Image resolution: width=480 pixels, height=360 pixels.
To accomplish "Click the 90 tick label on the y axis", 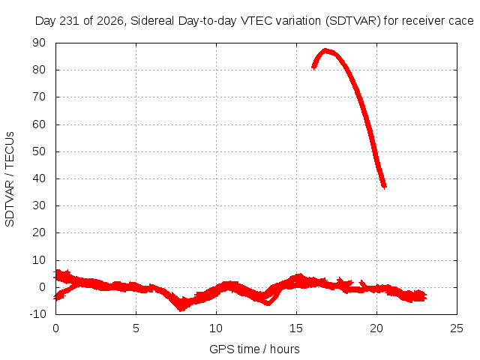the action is (x=39, y=43).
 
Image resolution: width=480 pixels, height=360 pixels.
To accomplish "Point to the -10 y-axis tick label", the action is (x=37, y=314).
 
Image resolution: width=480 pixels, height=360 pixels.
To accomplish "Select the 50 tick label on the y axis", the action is (x=39, y=151).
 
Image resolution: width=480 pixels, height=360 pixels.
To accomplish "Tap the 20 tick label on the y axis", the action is (x=39, y=232).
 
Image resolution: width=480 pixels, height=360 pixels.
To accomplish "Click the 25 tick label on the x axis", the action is (x=457, y=328).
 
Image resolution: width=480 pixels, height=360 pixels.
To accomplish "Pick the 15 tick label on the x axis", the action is (x=296, y=328).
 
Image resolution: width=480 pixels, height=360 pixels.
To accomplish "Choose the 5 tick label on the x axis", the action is (x=136, y=328).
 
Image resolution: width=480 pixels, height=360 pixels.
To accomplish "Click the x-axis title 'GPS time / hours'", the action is (x=254, y=349).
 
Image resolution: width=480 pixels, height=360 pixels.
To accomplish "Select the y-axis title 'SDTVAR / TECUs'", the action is (x=10, y=179).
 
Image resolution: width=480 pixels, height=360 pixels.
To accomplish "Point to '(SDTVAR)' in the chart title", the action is (x=353, y=21).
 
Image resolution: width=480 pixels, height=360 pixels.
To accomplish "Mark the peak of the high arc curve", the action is (x=325, y=50).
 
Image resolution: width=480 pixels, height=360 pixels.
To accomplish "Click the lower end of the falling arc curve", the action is (x=385, y=187).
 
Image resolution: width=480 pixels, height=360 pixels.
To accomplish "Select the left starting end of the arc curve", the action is (x=313, y=67).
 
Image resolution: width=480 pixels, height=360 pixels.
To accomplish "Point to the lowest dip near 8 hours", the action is (x=181, y=308).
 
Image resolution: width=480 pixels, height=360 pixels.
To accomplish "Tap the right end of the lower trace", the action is (x=425, y=297).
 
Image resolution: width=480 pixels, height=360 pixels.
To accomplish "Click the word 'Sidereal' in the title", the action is (x=152, y=21).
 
